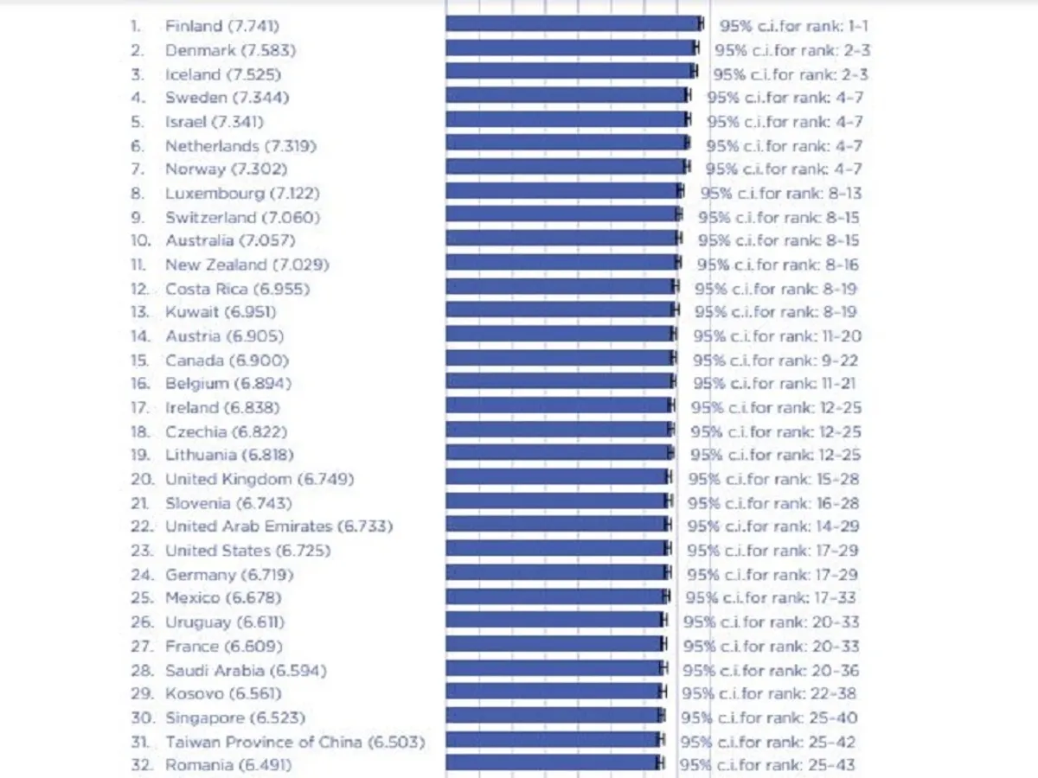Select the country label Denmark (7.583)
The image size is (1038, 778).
(222, 50)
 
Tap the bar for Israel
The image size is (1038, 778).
(567, 120)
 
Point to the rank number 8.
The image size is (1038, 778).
(137, 194)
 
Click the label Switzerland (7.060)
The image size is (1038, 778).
(242, 217)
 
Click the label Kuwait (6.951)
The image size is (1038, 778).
(221, 312)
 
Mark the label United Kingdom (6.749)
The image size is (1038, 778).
(259, 479)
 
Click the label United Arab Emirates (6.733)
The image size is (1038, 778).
(279, 526)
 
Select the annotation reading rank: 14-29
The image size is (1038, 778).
(772, 526)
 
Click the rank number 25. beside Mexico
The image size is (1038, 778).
(141, 598)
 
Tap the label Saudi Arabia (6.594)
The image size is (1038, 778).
(246, 670)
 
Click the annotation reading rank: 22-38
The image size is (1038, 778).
(769, 694)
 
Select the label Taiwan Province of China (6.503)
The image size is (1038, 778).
(295, 742)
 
